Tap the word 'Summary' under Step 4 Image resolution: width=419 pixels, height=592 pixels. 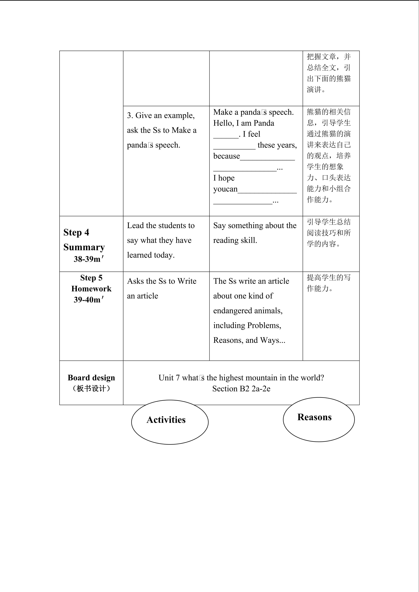[84, 247]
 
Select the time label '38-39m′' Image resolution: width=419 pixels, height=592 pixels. [89, 259]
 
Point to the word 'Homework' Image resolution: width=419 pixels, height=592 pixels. [91, 289]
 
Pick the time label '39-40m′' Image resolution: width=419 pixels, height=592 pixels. [89, 300]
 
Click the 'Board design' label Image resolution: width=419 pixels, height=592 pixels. [91, 377]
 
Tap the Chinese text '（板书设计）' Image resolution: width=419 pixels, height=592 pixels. [91, 388]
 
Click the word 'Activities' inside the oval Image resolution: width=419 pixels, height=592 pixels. [166, 420]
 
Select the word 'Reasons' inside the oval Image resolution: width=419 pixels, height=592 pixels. [314, 417]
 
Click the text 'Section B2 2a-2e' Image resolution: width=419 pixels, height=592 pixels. [241, 389]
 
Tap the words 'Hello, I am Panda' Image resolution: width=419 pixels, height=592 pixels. [244, 123]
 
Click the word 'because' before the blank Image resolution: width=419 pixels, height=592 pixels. [226, 156]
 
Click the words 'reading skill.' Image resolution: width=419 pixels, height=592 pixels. [235, 240]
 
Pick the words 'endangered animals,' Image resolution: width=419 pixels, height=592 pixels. [248, 311]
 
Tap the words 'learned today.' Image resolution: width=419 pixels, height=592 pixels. [151, 255]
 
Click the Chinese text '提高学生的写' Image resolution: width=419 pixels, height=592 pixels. [328, 277]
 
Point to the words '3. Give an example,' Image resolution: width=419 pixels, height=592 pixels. [161, 115]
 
